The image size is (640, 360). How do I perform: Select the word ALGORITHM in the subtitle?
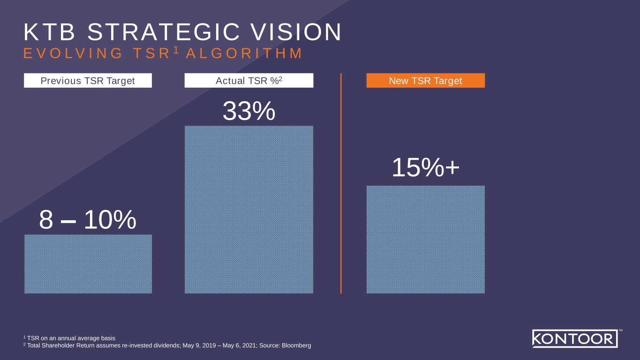(244, 53)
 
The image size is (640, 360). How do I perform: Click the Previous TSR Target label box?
(88, 81)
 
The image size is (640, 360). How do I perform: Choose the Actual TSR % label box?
(248, 81)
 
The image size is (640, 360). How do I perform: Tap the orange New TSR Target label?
(425, 81)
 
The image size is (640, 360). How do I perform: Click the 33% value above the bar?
(248, 112)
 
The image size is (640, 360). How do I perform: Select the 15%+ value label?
(425, 168)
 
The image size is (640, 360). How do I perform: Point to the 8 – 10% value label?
(88, 219)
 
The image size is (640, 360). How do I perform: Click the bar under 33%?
(248, 210)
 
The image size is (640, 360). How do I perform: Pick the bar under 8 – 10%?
(88, 264)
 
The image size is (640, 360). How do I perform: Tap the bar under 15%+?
(425, 240)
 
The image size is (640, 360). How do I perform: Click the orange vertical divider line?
(341, 183)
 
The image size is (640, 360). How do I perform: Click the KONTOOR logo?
(574, 338)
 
